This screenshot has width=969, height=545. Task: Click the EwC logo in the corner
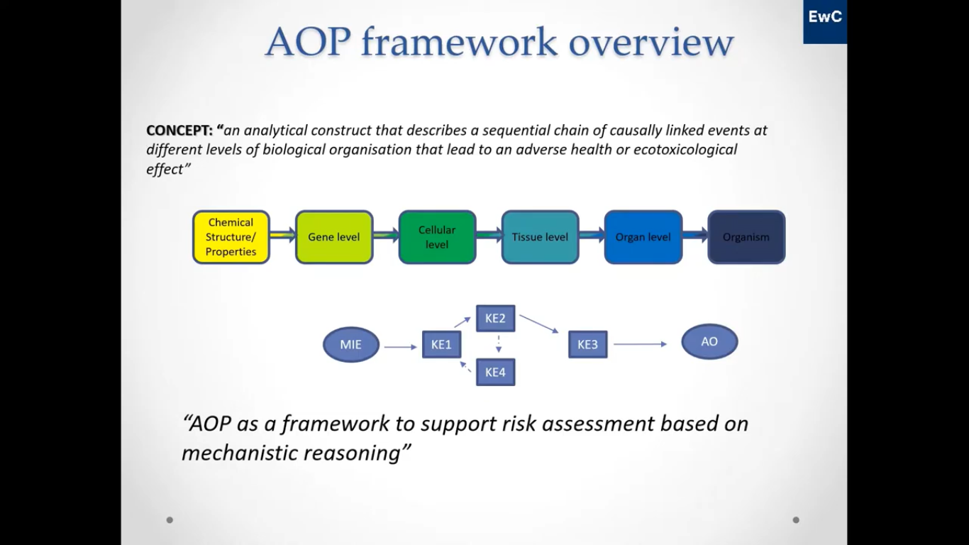click(x=824, y=18)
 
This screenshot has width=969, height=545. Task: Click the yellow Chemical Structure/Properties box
click(x=231, y=237)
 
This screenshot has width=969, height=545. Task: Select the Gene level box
click(x=334, y=237)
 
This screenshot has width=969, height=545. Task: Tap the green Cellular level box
click(x=437, y=237)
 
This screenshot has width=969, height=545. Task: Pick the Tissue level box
click(x=540, y=237)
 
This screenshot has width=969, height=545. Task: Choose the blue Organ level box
click(x=643, y=237)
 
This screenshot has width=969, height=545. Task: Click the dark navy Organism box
click(x=746, y=237)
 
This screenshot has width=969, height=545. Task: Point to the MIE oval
click(x=351, y=344)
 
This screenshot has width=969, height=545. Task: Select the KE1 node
click(x=441, y=344)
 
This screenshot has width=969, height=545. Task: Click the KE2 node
click(x=495, y=319)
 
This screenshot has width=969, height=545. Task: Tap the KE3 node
click(x=587, y=344)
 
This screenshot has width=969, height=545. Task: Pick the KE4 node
click(x=495, y=372)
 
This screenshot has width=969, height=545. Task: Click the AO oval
click(x=709, y=341)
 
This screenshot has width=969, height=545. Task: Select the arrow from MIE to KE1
click(x=400, y=348)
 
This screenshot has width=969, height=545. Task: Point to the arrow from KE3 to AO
click(x=640, y=344)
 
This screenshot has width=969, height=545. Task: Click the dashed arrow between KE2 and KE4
click(x=499, y=344)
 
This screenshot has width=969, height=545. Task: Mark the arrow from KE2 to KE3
click(x=539, y=324)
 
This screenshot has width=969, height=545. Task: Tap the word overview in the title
click(x=650, y=43)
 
